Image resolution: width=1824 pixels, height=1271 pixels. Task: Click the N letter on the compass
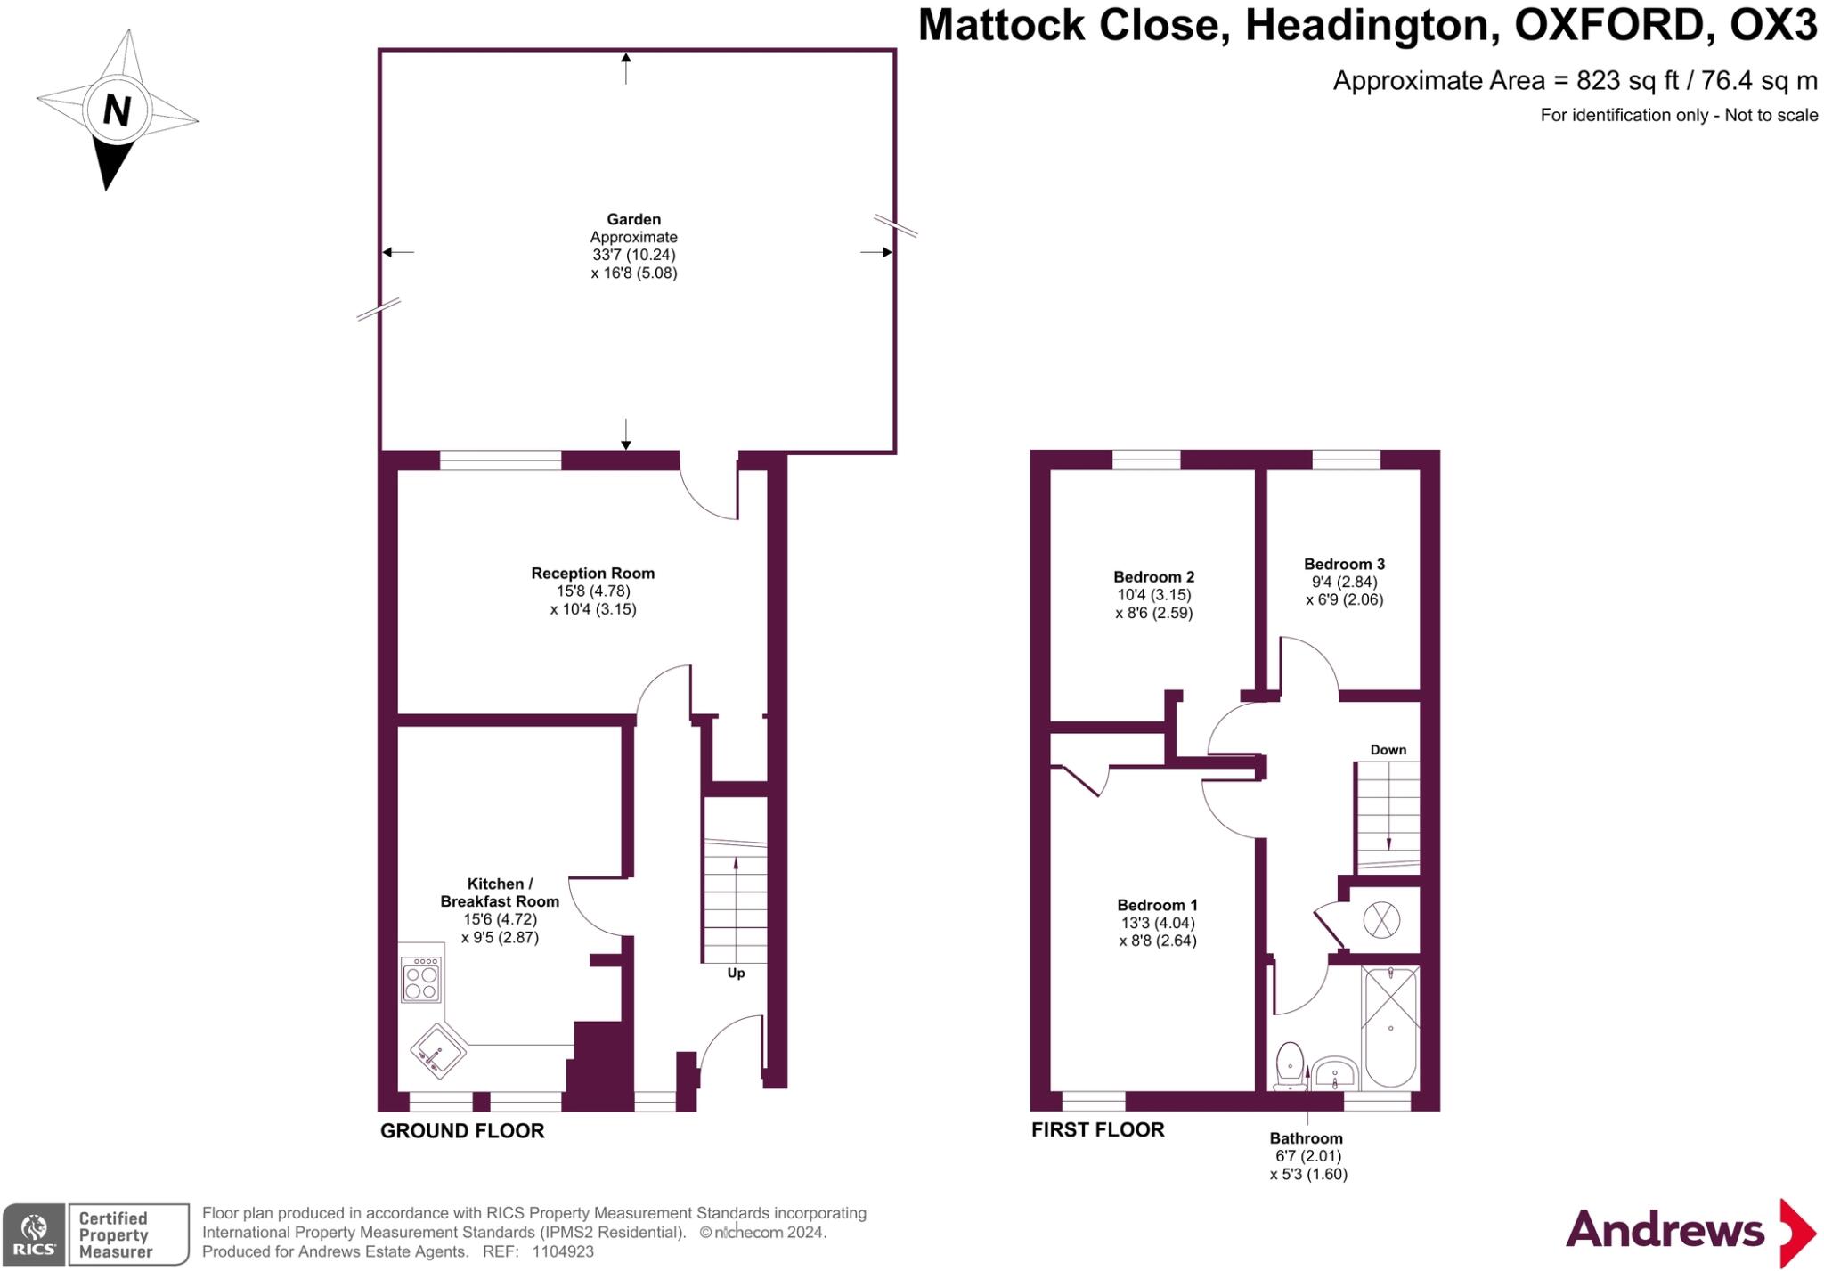tap(117, 111)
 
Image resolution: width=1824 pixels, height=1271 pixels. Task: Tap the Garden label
tap(633, 219)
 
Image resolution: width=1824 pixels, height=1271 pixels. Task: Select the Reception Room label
tap(592, 574)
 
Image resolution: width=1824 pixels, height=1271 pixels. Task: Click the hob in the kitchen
tap(420, 979)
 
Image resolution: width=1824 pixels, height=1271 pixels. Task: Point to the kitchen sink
tap(438, 1050)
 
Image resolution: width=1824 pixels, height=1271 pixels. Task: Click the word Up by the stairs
tap(736, 973)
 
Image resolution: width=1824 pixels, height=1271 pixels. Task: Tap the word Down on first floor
tap(1388, 750)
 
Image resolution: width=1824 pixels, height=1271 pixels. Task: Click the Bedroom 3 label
tap(1344, 564)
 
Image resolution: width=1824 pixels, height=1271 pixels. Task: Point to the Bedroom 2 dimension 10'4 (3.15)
tap(1153, 595)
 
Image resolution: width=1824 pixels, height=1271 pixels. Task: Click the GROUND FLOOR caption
tap(461, 1131)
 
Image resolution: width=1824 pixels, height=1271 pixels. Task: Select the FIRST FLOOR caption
tap(1097, 1130)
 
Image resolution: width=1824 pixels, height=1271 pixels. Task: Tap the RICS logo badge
tap(34, 1234)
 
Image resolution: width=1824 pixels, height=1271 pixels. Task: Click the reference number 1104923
tap(563, 1251)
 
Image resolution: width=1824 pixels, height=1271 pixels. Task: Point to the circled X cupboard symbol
tap(1381, 920)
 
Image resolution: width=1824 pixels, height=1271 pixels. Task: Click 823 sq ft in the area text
tap(1626, 81)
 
